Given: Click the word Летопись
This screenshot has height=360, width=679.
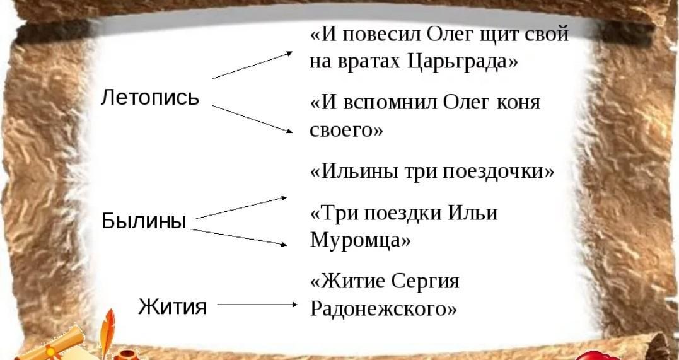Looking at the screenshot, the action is pyautogui.click(x=150, y=97).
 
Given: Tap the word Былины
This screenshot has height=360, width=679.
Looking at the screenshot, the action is pyautogui.click(x=144, y=221).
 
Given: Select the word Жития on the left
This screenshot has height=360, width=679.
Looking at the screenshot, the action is pyautogui.click(x=172, y=306).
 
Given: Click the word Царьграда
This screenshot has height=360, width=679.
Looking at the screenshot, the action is pyautogui.click(x=463, y=62).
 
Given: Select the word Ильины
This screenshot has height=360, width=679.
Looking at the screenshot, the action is pyautogui.click(x=354, y=171).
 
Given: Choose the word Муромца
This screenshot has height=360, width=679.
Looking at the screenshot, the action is pyautogui.click(x=360, y=240).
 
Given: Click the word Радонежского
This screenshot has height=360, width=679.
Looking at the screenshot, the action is pyautogui.click(x=383, y=308).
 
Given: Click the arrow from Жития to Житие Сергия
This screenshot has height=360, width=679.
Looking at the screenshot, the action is pyautogui.click(x=257, y=305).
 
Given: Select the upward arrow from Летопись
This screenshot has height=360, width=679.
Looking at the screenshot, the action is pyautogui.click(x=252, y=65).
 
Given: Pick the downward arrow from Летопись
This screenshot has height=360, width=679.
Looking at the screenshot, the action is pyautogui.click(x=252, y=119).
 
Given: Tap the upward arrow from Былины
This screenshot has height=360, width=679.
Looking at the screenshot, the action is pyautogui.click(x=241, y=207).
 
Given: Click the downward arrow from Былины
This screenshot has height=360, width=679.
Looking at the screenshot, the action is pyautogui.click(x=238, y=237).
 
